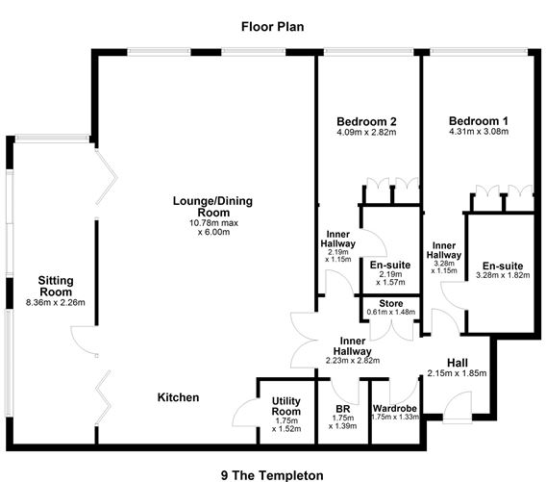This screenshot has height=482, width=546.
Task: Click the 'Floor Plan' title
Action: pyautogui.click(x=272, y=27)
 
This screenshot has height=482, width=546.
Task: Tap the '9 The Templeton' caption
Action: pyautogui.click(x=272, y=473)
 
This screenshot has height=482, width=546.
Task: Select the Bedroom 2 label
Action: pyautogui.click(x=367, y=121)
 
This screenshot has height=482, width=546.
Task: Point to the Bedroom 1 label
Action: pyautogui.click(x=479, y=121)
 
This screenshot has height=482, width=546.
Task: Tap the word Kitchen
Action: pyautogui.click(x=179, y=396)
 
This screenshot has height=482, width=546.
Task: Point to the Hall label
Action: pyautogui.click(x=458, y=362)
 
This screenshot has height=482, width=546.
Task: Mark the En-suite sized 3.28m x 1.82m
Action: pyautogui.click(x=501, y=266)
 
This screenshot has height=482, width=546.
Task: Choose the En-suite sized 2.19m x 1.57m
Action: pyautogui.click(x=390, y=266)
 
